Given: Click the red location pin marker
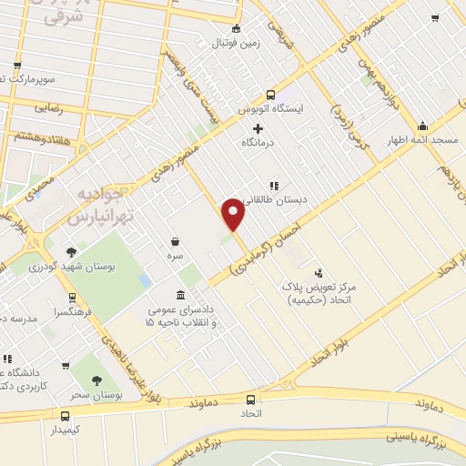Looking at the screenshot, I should click(234, 214).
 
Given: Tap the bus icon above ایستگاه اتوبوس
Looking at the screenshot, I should click(270, 94).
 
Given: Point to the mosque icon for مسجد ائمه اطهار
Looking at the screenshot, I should click(421, 127).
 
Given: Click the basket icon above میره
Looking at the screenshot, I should click(175, 242).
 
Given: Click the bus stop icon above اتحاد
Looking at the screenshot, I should click(250, 398).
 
